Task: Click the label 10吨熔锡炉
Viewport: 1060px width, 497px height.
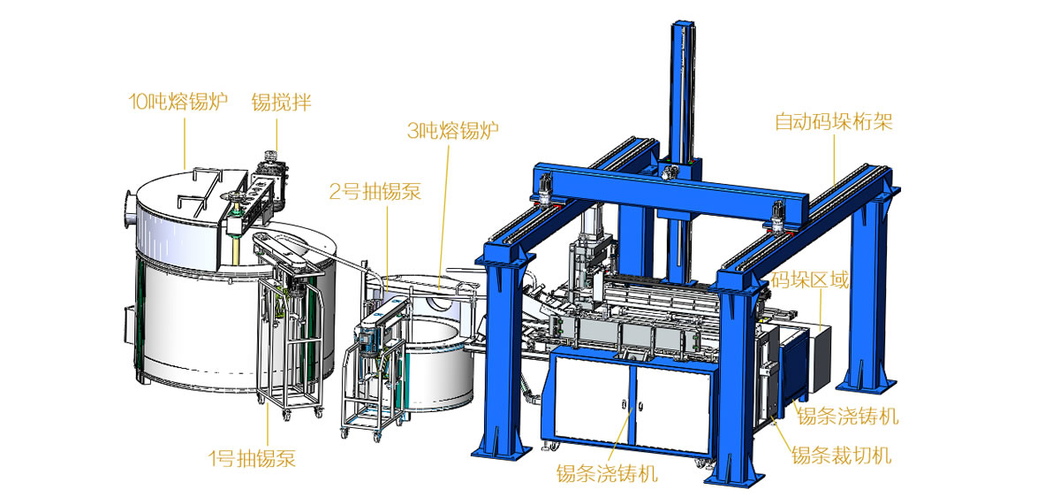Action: (178, 102)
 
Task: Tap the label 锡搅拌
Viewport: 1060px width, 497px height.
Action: (281, 103)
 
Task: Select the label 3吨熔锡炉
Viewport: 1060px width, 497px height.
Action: (453, 130)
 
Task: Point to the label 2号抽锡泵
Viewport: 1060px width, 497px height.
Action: (375, 191)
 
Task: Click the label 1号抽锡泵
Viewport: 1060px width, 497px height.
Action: (252, 459)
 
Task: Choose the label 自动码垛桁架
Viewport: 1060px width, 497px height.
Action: (833, 122)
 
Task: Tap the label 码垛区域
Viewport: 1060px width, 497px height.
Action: (810, 280)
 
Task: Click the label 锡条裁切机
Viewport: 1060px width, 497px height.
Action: (842, 455)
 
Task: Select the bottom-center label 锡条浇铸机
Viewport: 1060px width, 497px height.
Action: (607, 473)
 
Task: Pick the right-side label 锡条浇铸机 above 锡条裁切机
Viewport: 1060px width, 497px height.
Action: (848, 417)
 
